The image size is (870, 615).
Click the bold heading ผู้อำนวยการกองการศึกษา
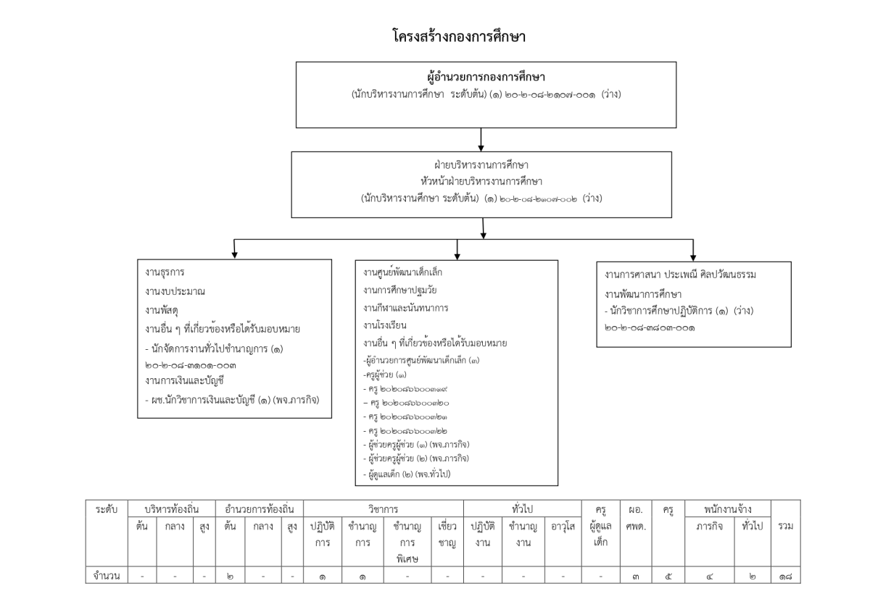click(480, 76)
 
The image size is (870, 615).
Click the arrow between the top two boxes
click(481, 139)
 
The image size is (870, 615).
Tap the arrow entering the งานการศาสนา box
click(693, 249)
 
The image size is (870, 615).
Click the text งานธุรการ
click(165, 273)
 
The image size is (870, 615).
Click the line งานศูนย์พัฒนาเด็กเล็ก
click(403, 272)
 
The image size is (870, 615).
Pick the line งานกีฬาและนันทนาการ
click(406, 307)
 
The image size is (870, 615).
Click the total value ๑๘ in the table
click(785, 577)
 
